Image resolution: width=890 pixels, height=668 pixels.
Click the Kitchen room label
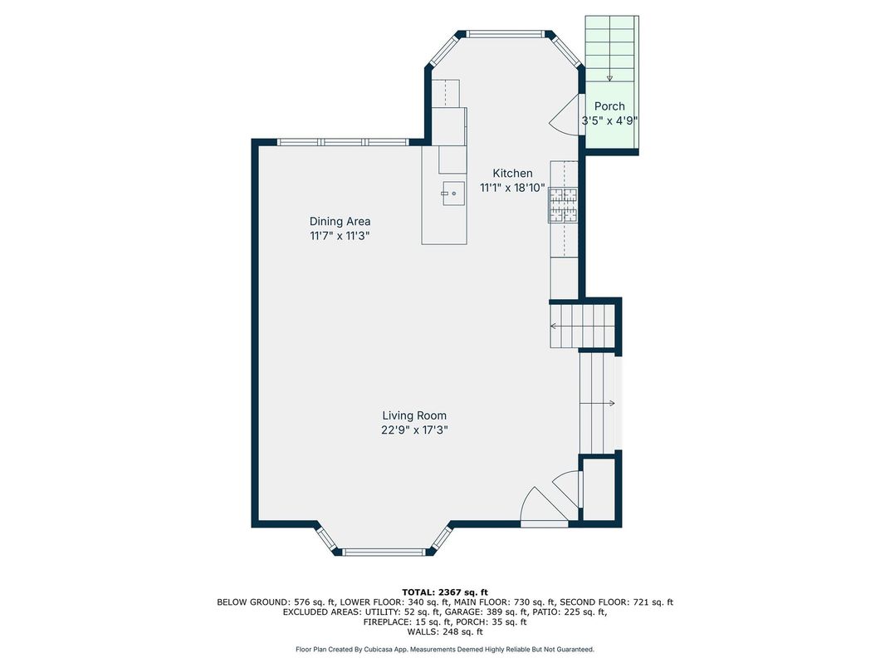tap(512, 174)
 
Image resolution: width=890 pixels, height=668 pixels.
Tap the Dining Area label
tap(340, 222)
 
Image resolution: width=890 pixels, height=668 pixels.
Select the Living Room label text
tap(413, 415)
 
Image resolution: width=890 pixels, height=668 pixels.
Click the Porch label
tap(609, 106)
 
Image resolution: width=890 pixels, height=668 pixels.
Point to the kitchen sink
tap(453, 194)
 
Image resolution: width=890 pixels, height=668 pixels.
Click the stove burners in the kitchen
tap(563, 204)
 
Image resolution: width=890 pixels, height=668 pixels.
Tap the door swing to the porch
tap(565, 115)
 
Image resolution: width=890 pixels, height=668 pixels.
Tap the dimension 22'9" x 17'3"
tap(414, 430)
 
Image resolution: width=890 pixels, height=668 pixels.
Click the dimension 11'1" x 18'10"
tap(512, 188)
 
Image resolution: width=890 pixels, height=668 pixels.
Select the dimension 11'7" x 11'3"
tap(340, 236)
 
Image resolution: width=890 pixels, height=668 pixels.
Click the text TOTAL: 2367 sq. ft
tap(445, 592)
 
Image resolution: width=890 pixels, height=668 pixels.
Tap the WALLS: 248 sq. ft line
tap(445, 631)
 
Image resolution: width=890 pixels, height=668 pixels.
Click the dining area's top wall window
tap(342, 142)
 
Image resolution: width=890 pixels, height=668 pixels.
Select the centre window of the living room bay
tap(384, 552)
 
